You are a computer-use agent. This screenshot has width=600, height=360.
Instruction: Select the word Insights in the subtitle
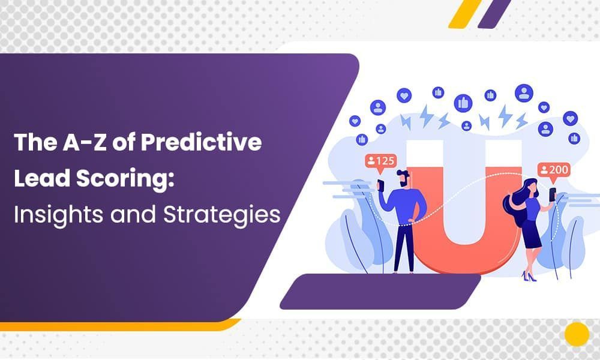click(x=53, y=214)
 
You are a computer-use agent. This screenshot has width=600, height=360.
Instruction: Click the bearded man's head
click(x=403, y=179)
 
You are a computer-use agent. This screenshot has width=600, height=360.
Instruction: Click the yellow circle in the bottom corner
click(x=577, y=334)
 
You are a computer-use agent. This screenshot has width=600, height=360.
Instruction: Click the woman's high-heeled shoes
click(x=528, y=276)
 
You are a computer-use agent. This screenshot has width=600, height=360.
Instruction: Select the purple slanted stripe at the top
click(x=495, y=13)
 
